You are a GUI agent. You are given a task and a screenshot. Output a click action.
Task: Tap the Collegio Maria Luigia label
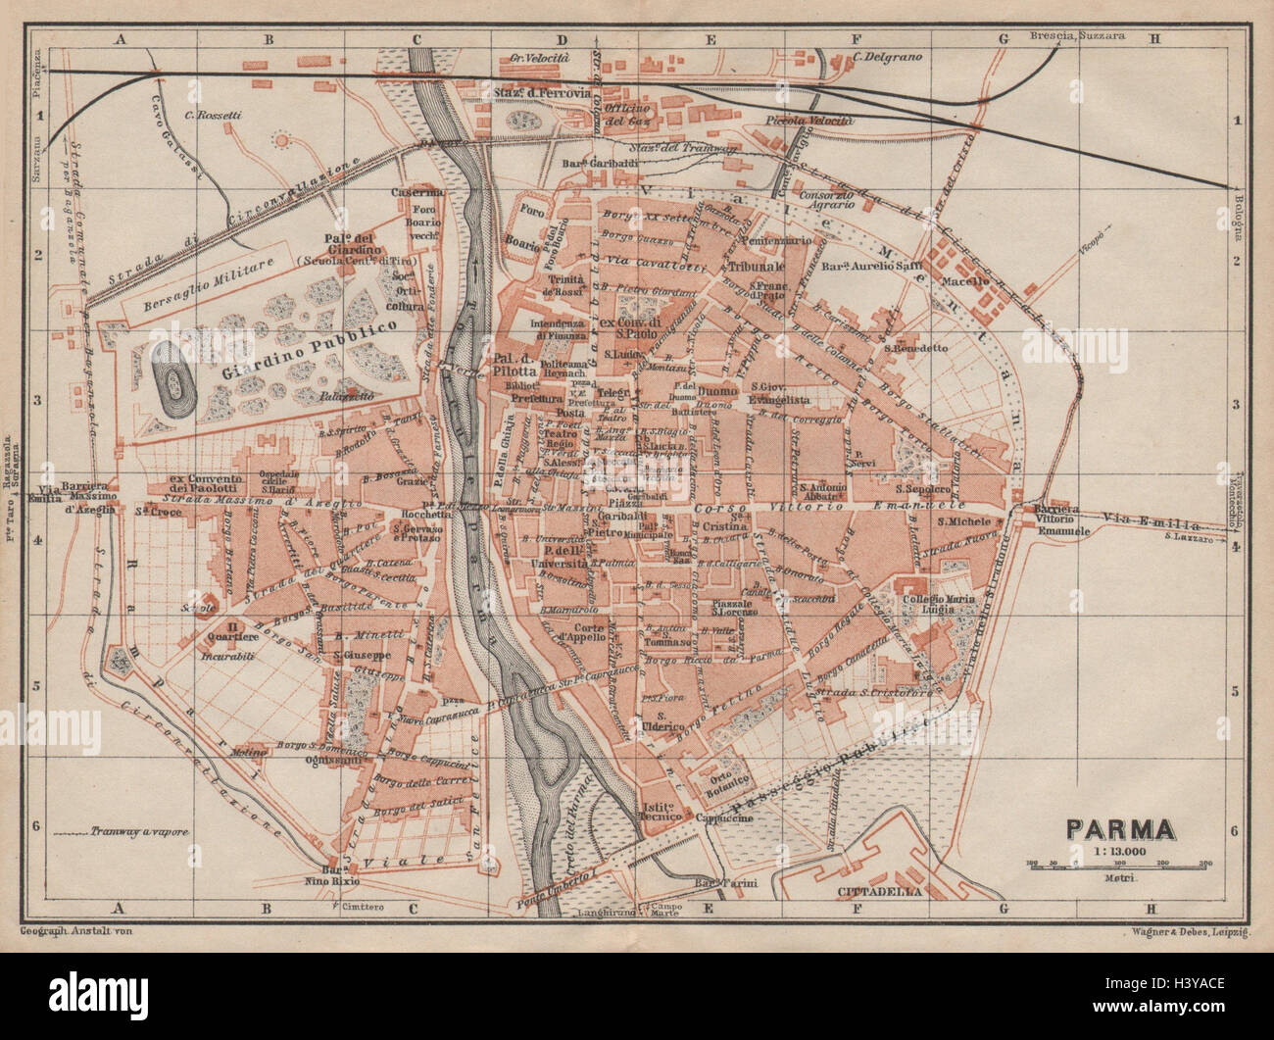tap(959, 604)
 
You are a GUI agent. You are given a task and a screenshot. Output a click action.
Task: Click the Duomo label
tap(717, 392)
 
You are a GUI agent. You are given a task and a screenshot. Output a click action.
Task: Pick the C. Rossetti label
tap(211, 117)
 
